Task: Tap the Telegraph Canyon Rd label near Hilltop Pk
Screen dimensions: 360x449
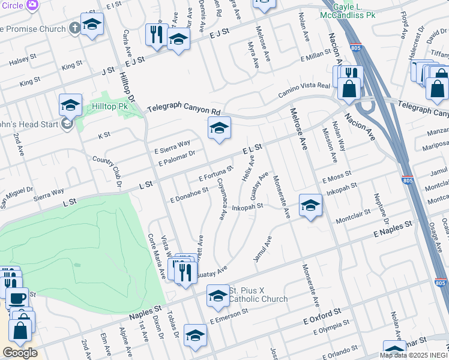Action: tap(184, 110)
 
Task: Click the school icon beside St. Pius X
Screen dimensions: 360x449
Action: tap(218, 295)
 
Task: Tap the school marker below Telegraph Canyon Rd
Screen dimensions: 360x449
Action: tap(219, 127)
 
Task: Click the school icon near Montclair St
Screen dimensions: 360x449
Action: tap(310, 205)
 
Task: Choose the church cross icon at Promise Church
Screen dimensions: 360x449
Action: tap(74, 28)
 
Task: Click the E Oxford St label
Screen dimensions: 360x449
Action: tap(322, 315)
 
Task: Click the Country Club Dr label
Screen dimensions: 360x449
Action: tap(112, 169)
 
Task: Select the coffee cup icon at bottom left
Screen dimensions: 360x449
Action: tap(17, 297)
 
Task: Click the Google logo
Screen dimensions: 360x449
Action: tap(20, 352)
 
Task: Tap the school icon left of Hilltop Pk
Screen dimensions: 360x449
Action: tap(70, 105)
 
